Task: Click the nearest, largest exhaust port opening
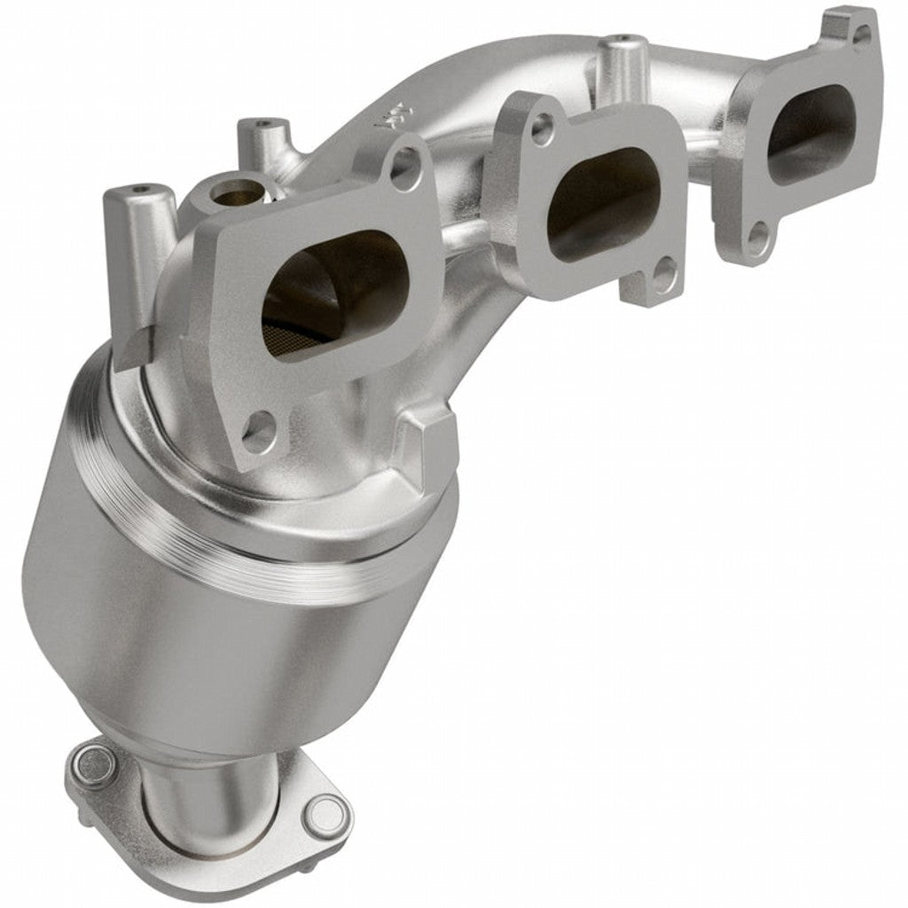[335, 293]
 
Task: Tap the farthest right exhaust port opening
[810, 133]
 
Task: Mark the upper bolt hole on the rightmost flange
[861, 35]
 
